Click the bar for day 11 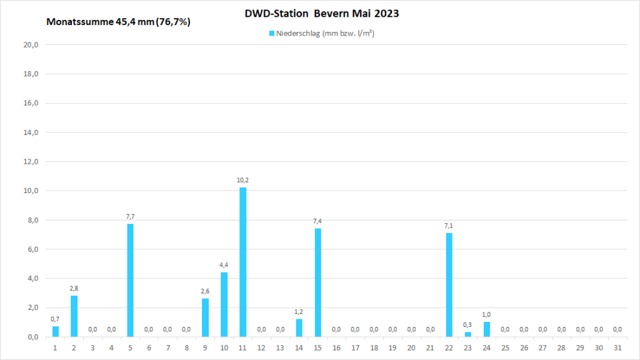tap(242, 262)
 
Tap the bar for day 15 tap(317, 282)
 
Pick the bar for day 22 tap(449, 284)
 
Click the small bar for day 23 tap(467, 334)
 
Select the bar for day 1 tap(56, 331)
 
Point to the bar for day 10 tap(224, 304)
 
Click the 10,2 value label tap(242, 180)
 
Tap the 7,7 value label tap(130, 217)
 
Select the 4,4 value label tap(224, 265)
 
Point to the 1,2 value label tap(299, 312)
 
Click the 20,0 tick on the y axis tap(31, 45)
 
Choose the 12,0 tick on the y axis tap(31, 161)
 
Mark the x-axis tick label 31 tap(617, 347)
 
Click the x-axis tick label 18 tap(374, 347)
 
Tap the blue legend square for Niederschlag tap(272, 33)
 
